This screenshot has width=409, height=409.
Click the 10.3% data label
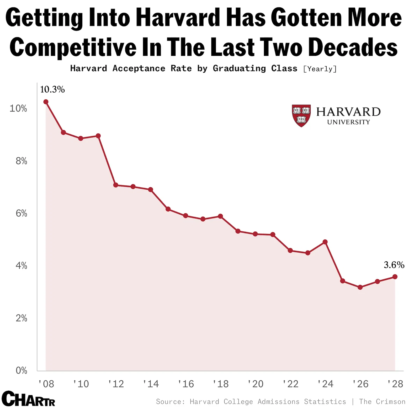[x=52, y=89]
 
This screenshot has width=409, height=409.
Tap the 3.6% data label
[x=394, y=265]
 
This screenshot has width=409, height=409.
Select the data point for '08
[x=46, y=102]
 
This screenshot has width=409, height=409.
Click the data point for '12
[x=116, y=185]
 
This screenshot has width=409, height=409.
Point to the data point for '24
[x=325, y=242]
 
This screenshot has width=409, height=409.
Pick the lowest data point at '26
[x=360, y=287]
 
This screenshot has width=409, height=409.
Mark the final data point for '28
[x=395, y=277]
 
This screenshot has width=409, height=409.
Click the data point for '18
[x=220, y=216]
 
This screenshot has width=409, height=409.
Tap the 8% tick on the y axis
[x=21, y=161]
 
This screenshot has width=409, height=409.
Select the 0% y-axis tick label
[x=21, y=370]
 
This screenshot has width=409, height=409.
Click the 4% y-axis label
[x=21, y=266]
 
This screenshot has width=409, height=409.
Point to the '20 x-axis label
[x=255, y=384]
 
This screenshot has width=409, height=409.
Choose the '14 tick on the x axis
[x=151, y=384]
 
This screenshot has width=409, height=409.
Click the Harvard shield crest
[x=301, y=115]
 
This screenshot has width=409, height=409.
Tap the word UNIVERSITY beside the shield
[x=348, y=122]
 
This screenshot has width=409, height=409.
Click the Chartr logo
[x=28, y=399]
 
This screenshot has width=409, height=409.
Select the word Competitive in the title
[x=73, y=47]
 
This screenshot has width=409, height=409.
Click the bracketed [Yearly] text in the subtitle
[x=320, y=69]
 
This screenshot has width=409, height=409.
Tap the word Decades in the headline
[x=353, y=47]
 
